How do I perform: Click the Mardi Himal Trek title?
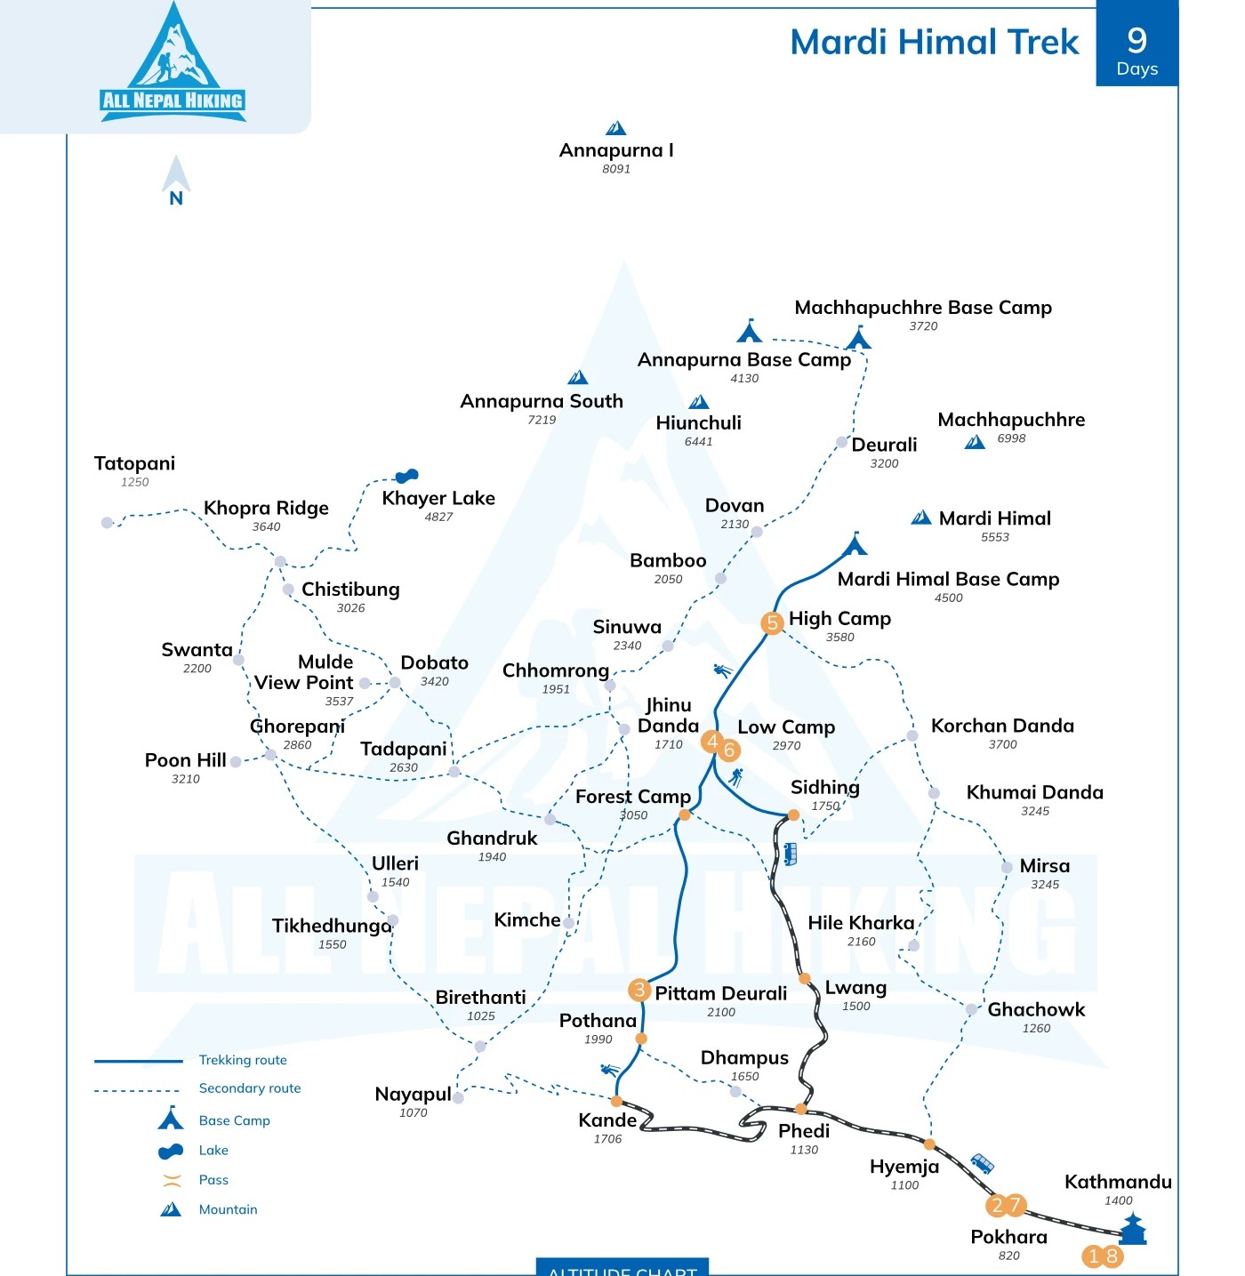click(x=934, y=42)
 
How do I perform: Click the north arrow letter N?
click(x=176, y=198)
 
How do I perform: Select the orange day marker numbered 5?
click(x=772, y=622)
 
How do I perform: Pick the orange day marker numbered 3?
click(x=639, y=990)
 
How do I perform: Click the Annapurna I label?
click(x=616, y=150)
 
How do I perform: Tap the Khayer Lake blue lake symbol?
click(x=406, y=477)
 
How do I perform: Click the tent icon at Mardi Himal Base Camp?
click(x=855, y=543)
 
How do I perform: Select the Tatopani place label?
click(x=134, y=463)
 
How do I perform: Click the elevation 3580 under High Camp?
click(x=839, y=638)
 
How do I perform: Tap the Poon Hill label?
click(x=185, y=760)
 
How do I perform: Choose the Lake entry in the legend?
click(x=213, y=1150)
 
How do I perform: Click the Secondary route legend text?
click(x=250, y=1088)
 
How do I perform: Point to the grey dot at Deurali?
click(x=841, y=442)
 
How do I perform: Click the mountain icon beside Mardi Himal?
click(x=921, y=518)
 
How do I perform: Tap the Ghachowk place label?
click(x=1036, y=1009)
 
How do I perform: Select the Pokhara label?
click(x=1008, y=1237)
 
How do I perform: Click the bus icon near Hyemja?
click(x=982, y=1163)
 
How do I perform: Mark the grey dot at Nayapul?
click(x=458, y=1098)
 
